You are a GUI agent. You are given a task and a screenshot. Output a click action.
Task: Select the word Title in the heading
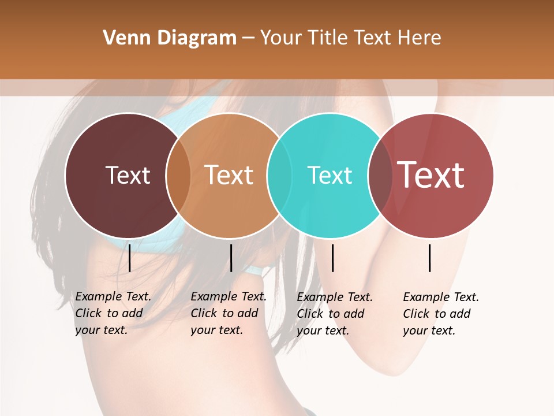(x=329, y=38)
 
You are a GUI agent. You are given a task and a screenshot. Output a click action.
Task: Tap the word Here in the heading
(x=420, y=38)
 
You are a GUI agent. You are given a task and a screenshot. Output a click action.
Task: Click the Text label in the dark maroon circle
(x=128, y=175)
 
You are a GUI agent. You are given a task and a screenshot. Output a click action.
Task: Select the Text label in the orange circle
(x=229, y=175)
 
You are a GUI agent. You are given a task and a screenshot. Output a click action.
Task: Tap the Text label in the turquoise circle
(x=330, y=175)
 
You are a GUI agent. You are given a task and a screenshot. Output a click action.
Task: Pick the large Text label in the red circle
(x=431, y=175)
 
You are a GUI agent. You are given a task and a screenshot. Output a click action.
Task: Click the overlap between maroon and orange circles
(x=178, y=176)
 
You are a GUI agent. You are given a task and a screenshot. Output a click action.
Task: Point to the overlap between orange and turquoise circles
(x=279, y=176)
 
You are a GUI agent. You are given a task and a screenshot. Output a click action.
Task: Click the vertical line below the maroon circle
(x=129, y=258)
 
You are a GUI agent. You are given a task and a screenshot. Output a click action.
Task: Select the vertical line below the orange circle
(x=231, y=258)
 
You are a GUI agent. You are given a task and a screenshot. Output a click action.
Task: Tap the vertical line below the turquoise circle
(x=332, y=258)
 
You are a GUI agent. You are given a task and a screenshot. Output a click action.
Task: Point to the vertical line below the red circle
(x=430, y=258)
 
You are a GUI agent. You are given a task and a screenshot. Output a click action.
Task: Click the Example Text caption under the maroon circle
(x=113, y=313)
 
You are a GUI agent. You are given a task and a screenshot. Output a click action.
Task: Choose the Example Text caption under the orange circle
(x=228, y=313)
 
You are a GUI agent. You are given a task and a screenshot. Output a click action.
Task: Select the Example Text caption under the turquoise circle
(x=334, y=314)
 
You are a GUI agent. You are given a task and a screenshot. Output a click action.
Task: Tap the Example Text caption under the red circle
(x=440, y=314)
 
